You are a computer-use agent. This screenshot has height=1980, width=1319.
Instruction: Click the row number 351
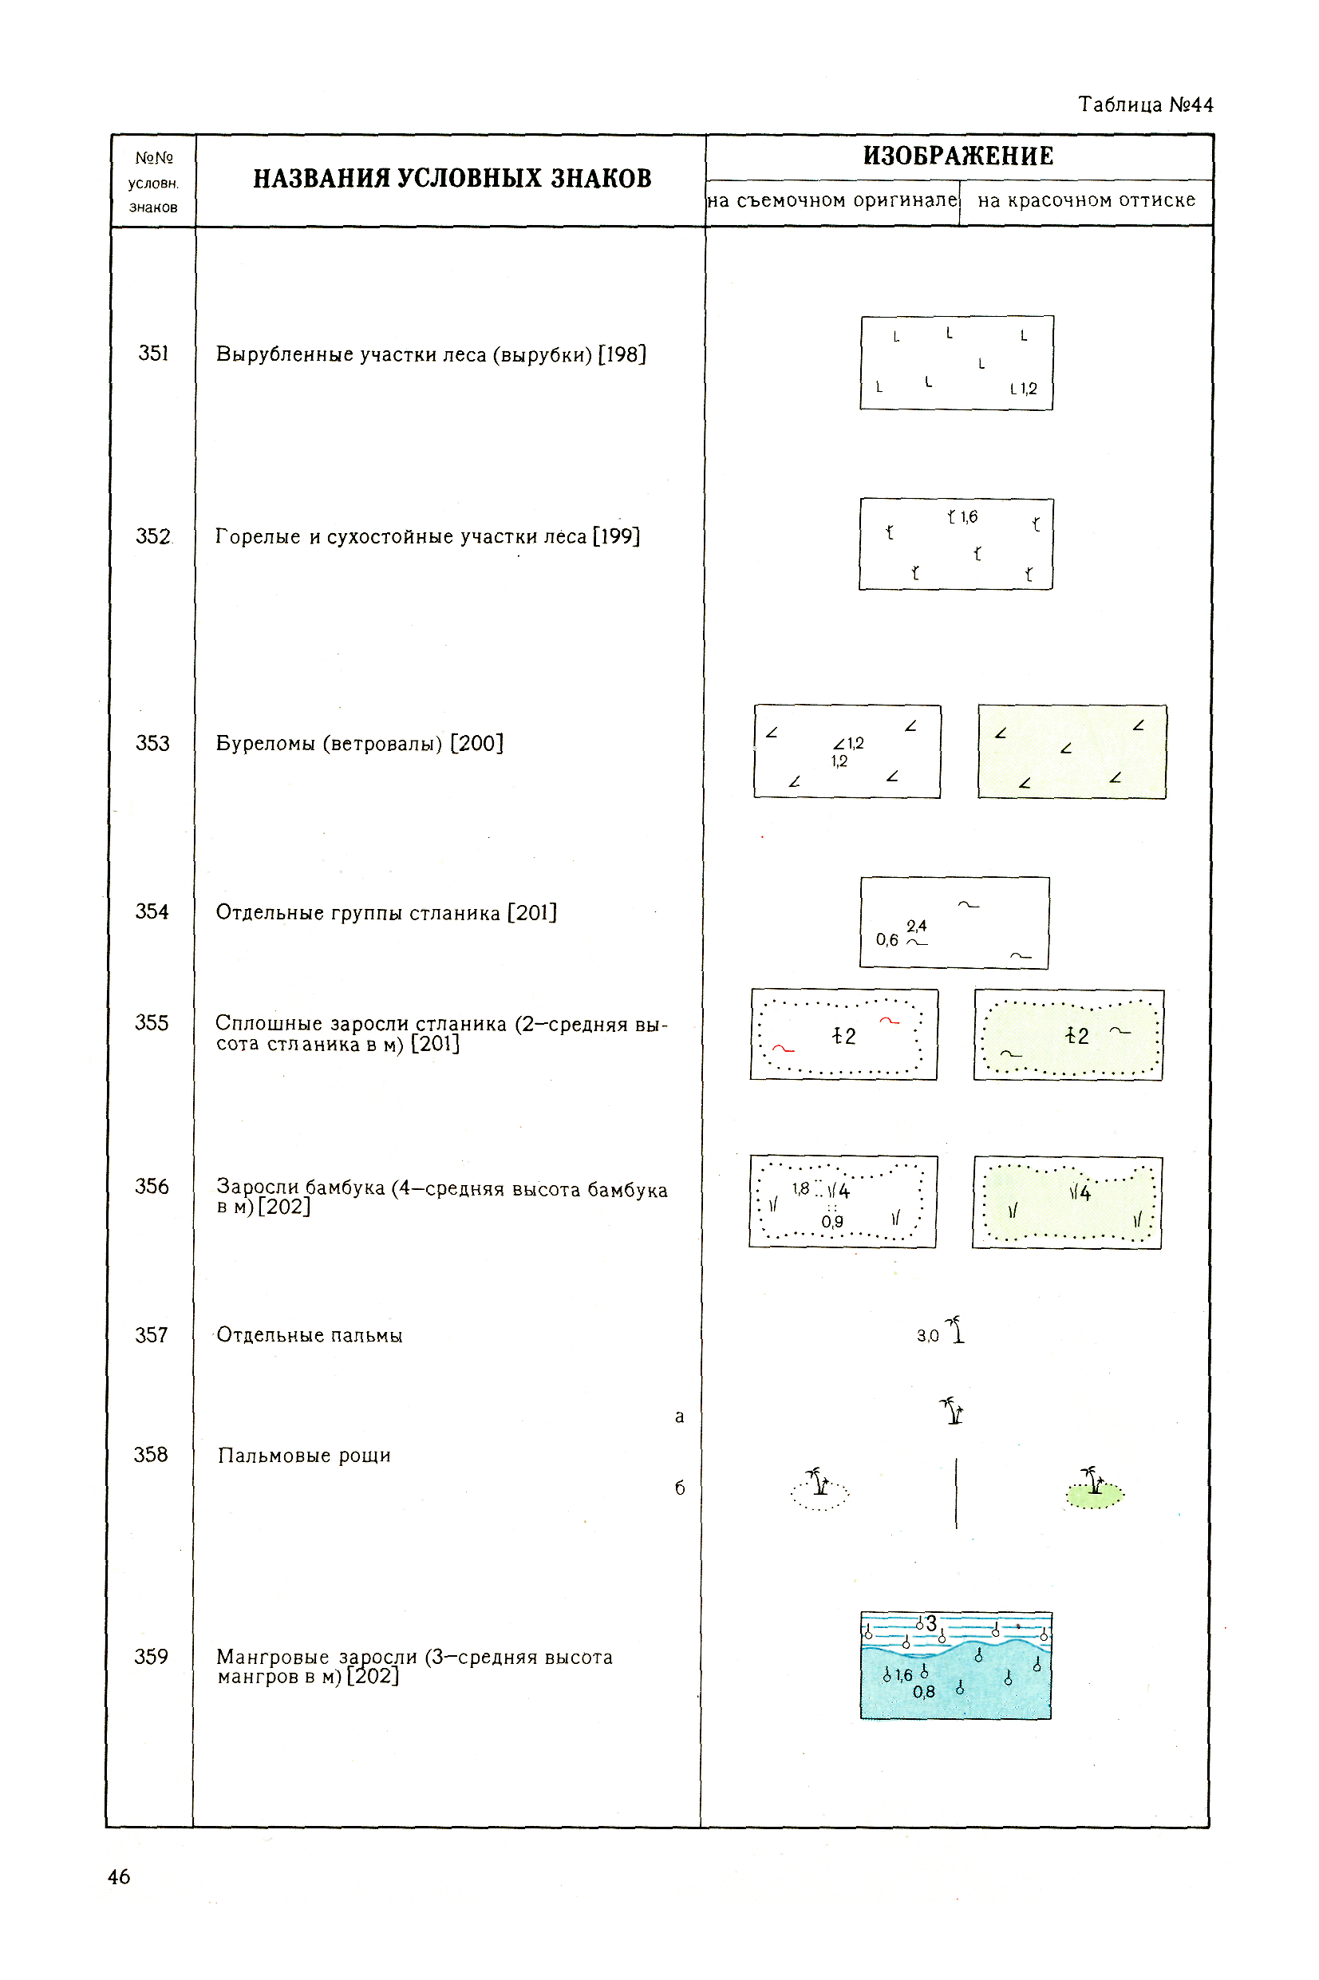pos(153,354)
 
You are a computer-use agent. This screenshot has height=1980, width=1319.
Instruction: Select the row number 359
pos(152,1656)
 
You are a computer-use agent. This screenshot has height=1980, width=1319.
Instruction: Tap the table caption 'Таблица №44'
pos(1146,105)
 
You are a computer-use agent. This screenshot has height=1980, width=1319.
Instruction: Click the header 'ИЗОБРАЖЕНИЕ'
pos(958,156)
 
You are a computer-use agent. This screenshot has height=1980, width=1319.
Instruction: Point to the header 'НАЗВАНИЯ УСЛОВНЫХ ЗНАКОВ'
pos(452,179)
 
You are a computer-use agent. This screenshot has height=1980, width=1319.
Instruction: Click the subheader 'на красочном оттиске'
pos(1086,201)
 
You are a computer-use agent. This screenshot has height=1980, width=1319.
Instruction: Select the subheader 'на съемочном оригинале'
pos(832,201)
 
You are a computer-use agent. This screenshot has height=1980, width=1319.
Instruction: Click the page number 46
pos(119,1876)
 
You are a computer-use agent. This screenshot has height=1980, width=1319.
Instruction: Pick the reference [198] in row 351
pos(622,354)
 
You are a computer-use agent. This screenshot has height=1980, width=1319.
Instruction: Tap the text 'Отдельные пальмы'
pos(310,1336)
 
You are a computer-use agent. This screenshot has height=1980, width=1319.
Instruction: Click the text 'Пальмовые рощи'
pos(304,1456)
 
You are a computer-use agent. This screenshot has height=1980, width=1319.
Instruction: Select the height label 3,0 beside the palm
pos(927,1336)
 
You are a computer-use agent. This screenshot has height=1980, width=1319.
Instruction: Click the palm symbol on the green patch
pos(1092,1483)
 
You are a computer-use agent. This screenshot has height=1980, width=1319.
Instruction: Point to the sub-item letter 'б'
pos(680,1488)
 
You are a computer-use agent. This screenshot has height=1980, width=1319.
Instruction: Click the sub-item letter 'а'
pos(680,1417)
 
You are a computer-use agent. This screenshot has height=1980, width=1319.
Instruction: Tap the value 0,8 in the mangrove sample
pos(924,1691)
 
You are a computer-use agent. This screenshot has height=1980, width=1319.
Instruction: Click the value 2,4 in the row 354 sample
pos(916,926)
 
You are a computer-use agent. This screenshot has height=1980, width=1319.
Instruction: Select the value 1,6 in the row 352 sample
pos(969,517)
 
